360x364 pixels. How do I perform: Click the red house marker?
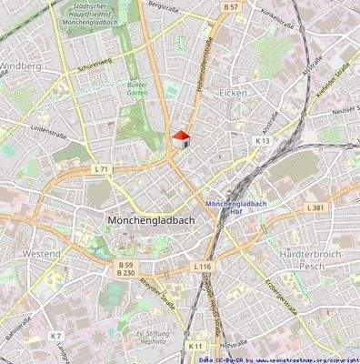click(180, 137)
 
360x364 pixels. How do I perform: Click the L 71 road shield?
click(101, 169)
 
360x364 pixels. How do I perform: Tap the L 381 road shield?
click(315, 207)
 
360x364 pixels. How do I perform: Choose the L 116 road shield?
click(202, 266)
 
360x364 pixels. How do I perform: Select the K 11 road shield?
click(195, 346)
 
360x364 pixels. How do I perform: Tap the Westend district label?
click(42, 253)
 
